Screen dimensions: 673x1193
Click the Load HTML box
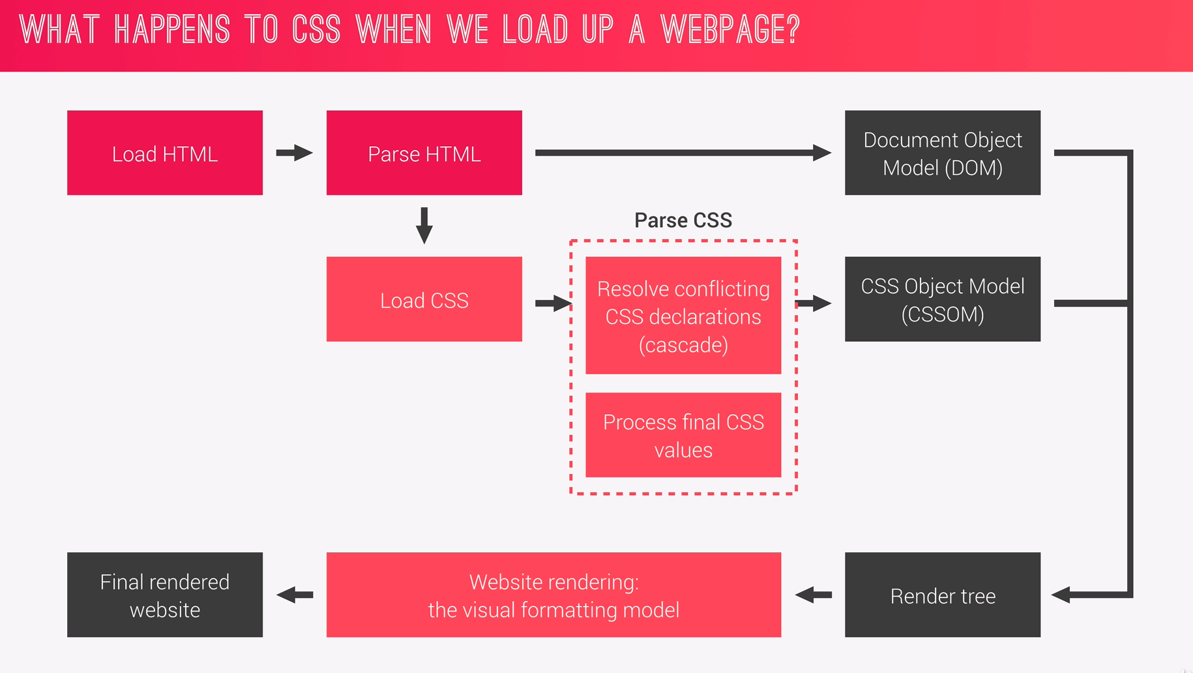165,153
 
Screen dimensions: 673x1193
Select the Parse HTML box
424,153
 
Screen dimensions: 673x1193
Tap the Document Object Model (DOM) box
942,153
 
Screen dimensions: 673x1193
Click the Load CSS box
424,299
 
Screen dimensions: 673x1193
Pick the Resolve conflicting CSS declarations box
683,316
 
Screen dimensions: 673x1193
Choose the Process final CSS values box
683,435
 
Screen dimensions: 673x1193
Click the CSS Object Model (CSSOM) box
942,299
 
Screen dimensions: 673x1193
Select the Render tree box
942,595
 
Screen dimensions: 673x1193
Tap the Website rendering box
553,595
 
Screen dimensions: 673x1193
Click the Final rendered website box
165,595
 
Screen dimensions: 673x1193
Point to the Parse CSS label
683,220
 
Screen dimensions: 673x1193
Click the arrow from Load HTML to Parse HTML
294,153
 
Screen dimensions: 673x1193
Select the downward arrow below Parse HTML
424,225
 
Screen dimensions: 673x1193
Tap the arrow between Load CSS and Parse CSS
553,303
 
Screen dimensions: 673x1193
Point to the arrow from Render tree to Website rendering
814,595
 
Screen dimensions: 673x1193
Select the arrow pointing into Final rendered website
295,595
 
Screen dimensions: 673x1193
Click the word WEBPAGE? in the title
730,30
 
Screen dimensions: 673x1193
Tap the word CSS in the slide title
316,30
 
